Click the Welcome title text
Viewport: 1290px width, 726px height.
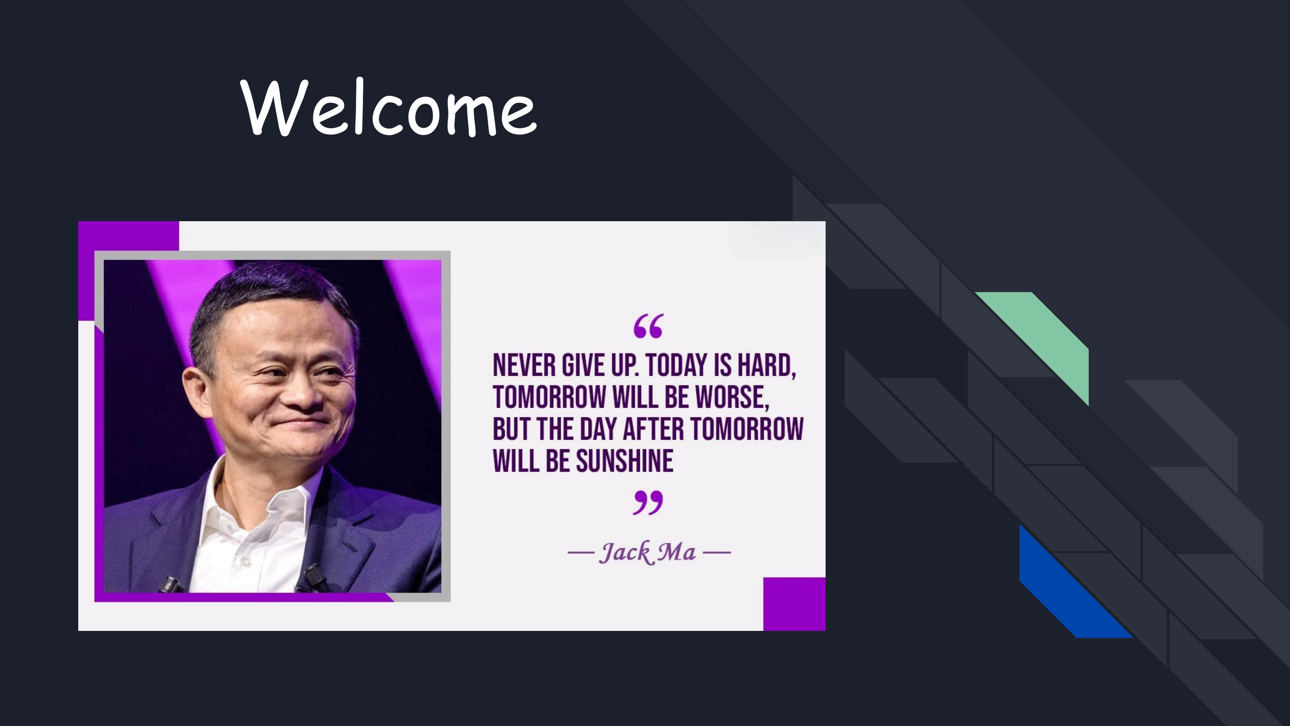pos(389,107)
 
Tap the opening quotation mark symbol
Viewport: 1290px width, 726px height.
pos(648,326)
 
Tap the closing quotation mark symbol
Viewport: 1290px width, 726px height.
pos(648,503)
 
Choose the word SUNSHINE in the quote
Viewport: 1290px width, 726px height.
pos(624,461)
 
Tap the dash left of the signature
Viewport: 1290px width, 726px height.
pos(581,553)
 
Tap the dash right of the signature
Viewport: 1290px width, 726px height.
pos(717,553)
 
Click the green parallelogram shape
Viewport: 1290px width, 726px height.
pos(1044,341)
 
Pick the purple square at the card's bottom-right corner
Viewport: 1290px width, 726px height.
pos(794,604)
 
